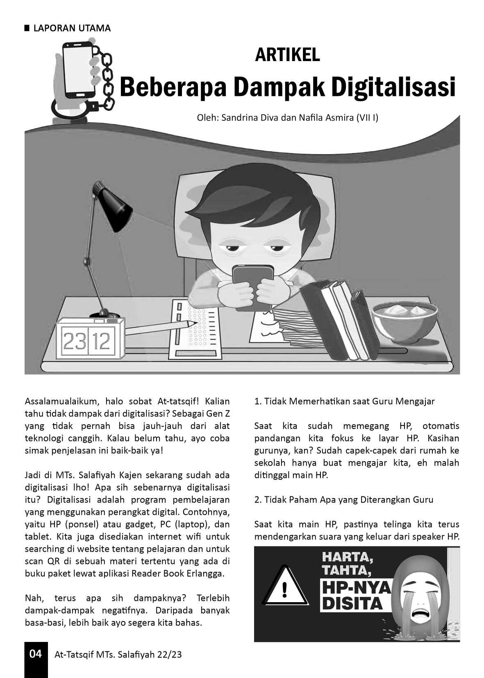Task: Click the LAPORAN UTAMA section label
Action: (72, 28)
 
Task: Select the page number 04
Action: (36, 654)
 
